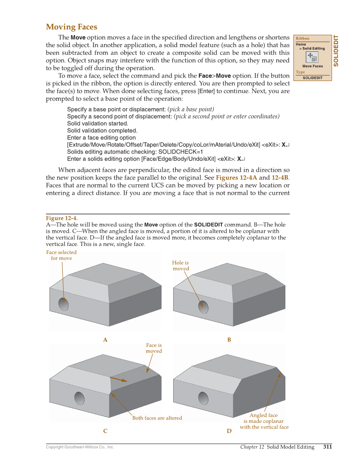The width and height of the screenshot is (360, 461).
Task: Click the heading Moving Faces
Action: (x=71, y=27)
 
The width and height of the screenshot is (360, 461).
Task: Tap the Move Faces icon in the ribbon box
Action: (x=312, y=57)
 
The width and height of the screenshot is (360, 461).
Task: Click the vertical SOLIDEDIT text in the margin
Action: (x=336, y=50)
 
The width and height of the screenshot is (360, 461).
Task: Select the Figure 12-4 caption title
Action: (x=61, y=218)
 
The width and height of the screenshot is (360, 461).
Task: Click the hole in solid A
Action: (x=64, y=304)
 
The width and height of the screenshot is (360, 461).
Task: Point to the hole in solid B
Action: (x=204, y=306)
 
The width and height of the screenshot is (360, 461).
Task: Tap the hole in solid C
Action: (x=79, y=398)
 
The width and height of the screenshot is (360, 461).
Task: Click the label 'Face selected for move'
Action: (x=61, y=255)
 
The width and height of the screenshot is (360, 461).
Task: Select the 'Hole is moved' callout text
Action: (x=181, y=265)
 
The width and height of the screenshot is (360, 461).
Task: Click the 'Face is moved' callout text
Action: (x=154, y=348)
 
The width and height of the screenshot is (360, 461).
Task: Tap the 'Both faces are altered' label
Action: (x=157, y=418)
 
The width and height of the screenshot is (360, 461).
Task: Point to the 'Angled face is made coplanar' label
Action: (x=264, y=421)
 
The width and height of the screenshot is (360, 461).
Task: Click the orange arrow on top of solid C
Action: (x=118, y=379)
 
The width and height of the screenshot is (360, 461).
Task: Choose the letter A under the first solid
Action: (x=105, y=340)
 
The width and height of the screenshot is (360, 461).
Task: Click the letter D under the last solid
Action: (x=229, y=431)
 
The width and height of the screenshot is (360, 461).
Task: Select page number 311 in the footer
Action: (x=327, y=447)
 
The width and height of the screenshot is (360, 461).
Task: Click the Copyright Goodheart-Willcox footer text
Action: (x=80, y=447)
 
